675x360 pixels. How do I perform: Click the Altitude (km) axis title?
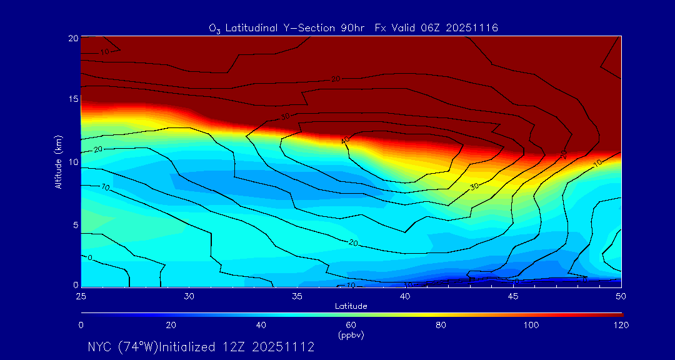click(58, 161)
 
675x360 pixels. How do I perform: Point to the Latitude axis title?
click(350, 306)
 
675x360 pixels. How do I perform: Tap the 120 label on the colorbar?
click(620, 325)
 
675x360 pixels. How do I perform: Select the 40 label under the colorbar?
click(261, 325)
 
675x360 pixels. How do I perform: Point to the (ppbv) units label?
click(351, 334)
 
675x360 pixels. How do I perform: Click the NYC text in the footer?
click(100, 347)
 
